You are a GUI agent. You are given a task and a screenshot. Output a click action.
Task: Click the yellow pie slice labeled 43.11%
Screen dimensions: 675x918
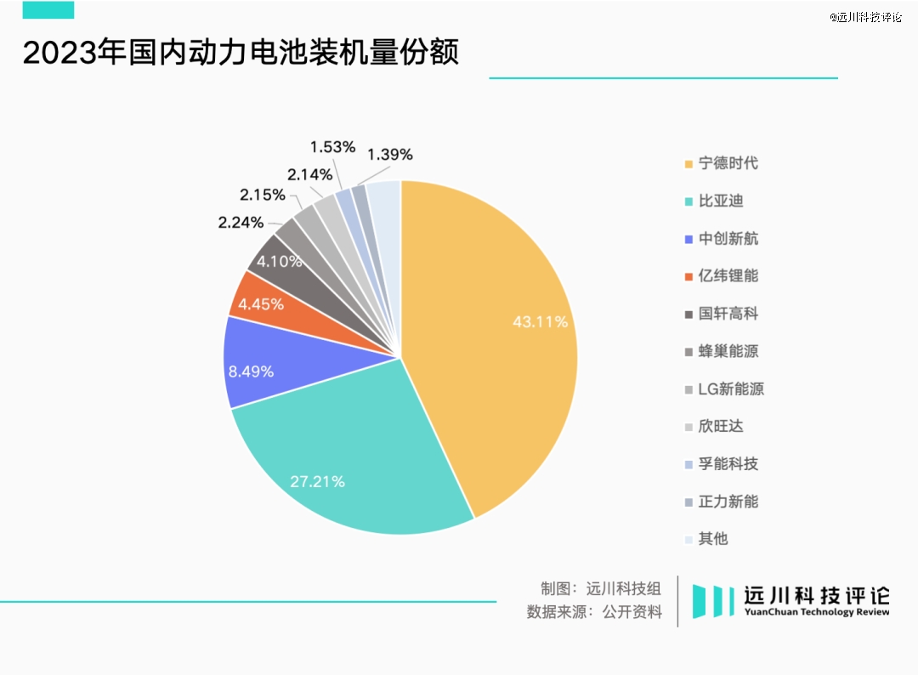[501, 340]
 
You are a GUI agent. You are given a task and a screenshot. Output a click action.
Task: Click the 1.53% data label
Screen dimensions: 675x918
[332, 147]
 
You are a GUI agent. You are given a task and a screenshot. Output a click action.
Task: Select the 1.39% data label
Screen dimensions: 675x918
[390, 155]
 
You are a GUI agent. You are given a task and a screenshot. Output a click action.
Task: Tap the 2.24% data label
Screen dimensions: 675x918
[241, 223]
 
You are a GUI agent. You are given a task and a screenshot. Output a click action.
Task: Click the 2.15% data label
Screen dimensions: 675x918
[263, 195]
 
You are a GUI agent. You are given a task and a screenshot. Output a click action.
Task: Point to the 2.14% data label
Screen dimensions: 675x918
[309, 174]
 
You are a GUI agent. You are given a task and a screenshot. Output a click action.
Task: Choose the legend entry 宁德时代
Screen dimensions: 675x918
[728, 163]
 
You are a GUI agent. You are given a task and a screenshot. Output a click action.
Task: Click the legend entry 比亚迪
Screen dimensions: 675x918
[721, 201]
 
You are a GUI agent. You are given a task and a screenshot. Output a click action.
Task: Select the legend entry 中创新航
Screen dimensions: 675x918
[728, 239]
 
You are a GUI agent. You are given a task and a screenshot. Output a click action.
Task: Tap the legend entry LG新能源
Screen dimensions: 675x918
[731, 389]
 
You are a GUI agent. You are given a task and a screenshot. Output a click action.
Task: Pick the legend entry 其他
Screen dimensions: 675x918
[713, 539]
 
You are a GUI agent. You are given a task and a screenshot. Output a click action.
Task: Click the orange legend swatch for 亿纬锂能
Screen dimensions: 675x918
[688, 277]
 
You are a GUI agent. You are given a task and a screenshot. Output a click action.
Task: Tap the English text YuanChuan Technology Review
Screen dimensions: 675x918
[817, 612]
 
